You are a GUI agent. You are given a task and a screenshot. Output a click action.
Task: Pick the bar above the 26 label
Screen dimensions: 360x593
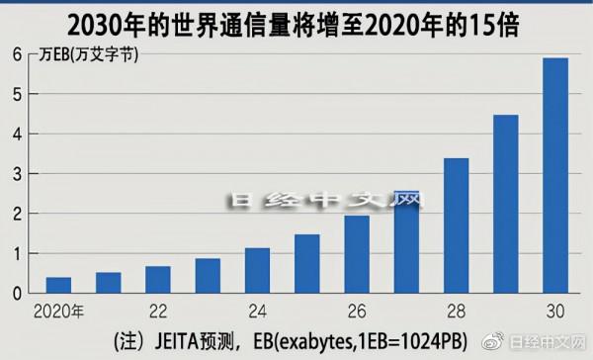coord(357,254)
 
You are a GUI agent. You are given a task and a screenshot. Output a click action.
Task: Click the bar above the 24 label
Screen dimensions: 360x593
coord(257,270)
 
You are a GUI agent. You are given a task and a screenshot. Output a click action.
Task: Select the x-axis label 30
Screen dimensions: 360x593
coord(556,310)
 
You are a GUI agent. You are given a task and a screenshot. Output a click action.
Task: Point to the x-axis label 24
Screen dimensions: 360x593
coord(257,310)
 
